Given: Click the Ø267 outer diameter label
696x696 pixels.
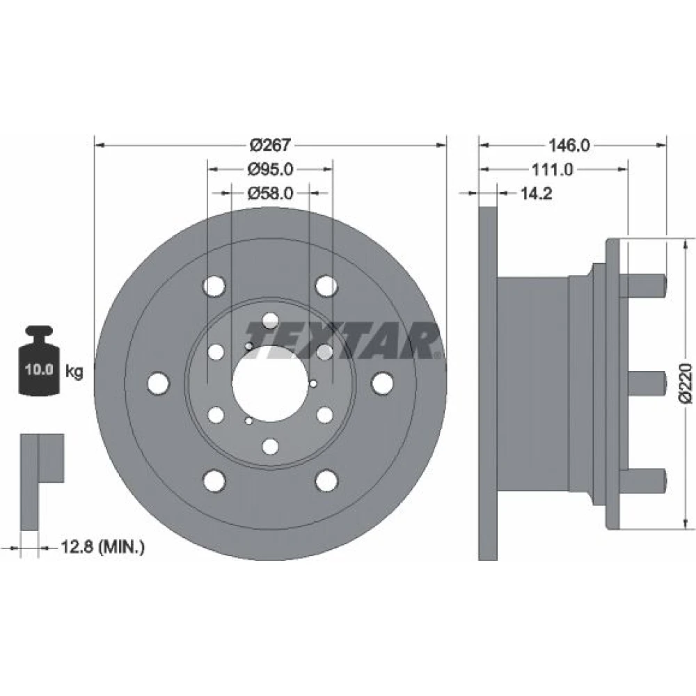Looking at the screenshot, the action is tap(270, 145).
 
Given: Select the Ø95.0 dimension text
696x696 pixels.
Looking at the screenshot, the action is tap(270, 169).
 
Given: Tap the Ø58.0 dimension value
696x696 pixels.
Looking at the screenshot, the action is tap(270, 193).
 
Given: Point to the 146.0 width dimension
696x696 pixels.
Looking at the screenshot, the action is tap(569, 145).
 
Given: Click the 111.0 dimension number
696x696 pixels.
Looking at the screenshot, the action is tap(553, 169).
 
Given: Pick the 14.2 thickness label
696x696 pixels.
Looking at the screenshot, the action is tap(536, 193).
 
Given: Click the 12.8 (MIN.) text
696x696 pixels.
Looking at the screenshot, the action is tap(102, 547).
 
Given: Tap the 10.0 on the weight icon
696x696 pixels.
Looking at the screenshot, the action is tap(39, 370).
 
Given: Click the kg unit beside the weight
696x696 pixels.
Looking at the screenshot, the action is tap(74, 371).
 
